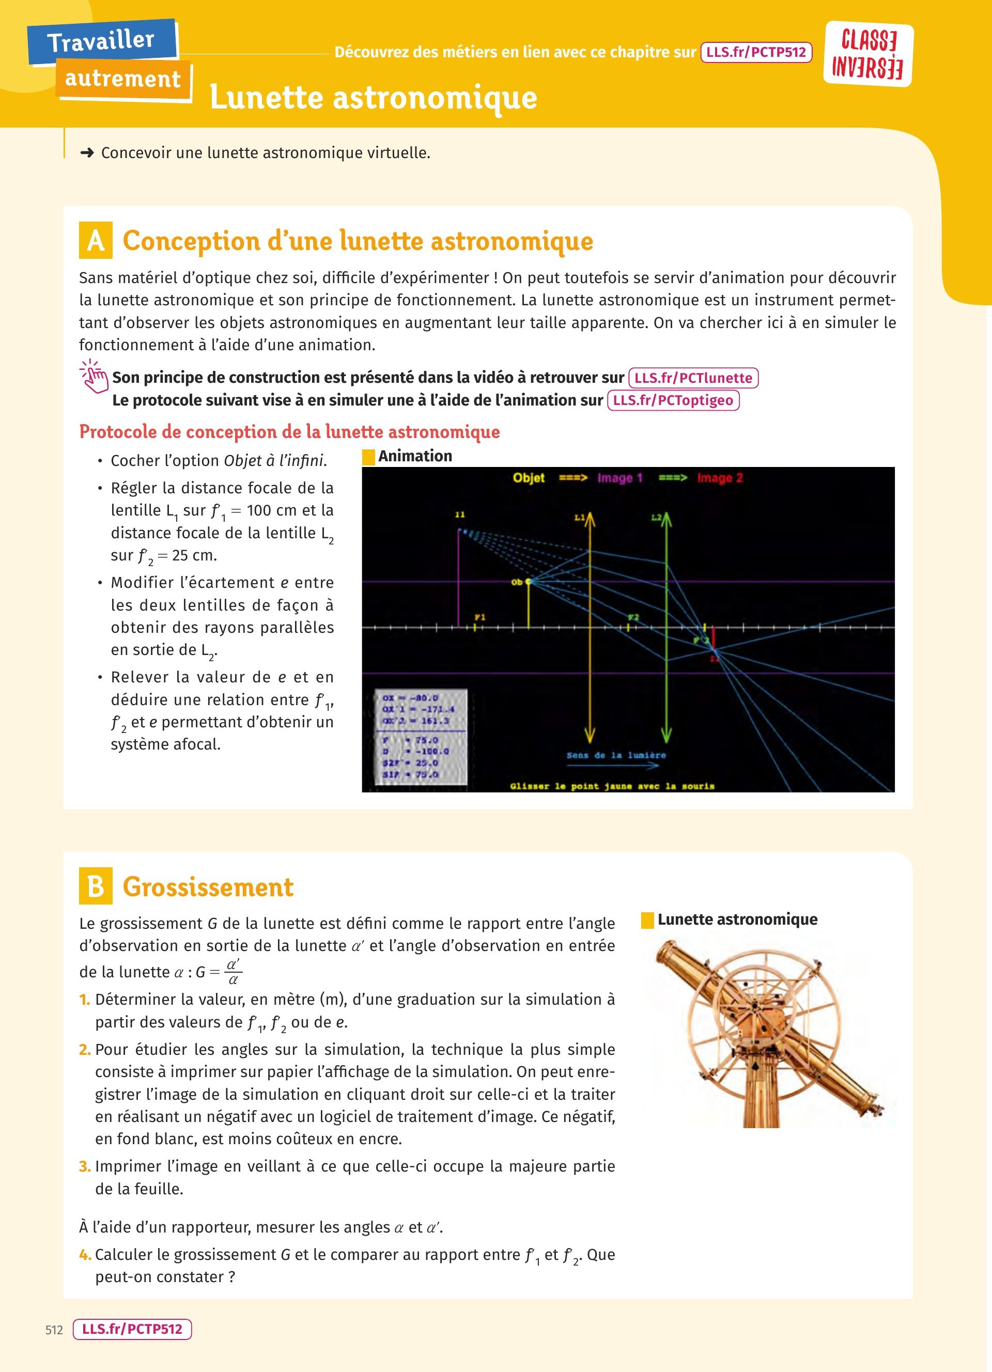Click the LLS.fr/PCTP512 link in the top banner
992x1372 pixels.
[755, 52]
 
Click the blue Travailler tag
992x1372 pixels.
[101, 41]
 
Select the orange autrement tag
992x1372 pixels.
[123, 79]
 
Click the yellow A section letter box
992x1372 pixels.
[96, 241]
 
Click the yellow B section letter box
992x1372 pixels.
[96, 887]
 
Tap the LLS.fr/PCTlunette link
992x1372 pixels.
[693, 378]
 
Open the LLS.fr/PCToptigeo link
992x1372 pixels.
[673, 400]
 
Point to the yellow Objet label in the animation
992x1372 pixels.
[529, 478]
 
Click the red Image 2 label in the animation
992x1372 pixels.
[720, 478]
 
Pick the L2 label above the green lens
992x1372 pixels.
[656, 518]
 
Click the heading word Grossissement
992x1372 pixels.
[208, 887]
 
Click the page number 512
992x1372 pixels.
[54, 1330]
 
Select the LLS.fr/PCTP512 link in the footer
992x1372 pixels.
[132, 1329]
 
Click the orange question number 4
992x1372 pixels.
[85, 1255]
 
